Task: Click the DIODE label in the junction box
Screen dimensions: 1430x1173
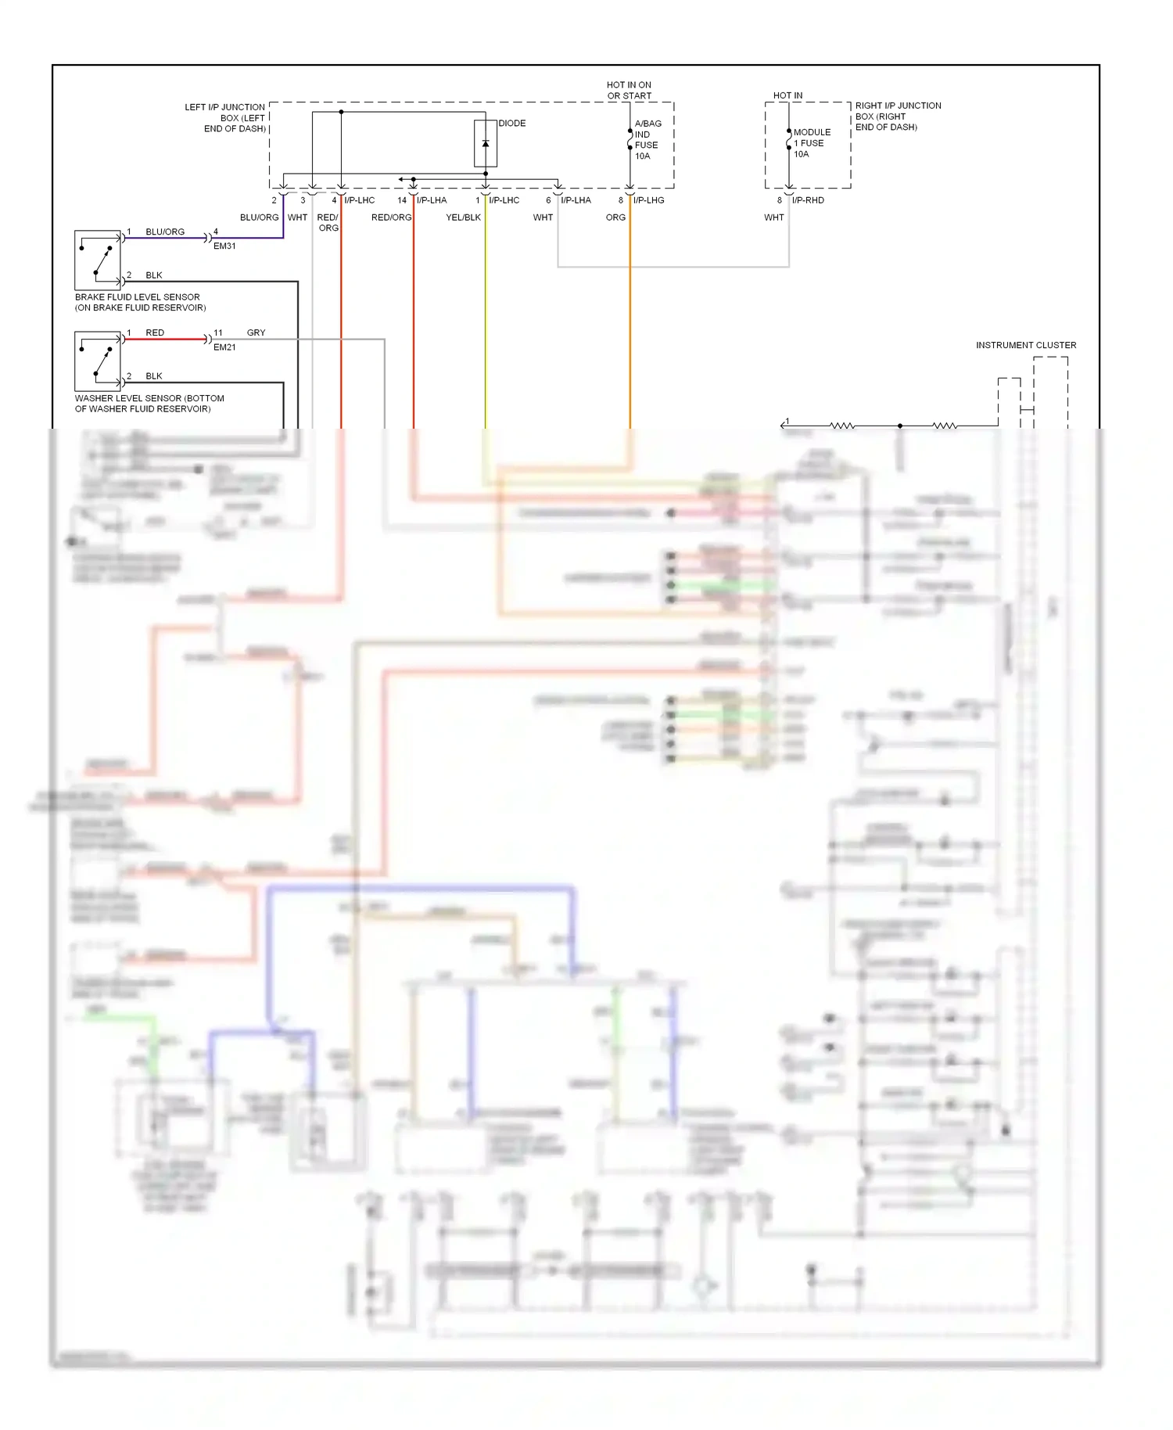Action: pos(512,124)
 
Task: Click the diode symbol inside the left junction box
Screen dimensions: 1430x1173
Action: pos(486,144)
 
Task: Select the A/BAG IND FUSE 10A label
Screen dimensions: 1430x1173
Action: pos(647,140)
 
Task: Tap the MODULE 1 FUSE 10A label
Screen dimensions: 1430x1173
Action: pos(811,143)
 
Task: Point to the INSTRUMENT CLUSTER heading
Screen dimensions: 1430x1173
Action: pos(1025,345)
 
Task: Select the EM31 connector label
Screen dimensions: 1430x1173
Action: pos(224,246)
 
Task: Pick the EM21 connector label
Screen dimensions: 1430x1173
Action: pos(224,347)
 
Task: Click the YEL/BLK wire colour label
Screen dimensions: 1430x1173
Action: pos(463,217)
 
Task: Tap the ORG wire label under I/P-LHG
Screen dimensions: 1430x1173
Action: pos(615,217)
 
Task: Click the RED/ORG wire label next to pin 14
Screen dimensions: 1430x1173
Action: pos(391,217)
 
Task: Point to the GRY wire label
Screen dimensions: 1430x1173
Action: pos(256,333)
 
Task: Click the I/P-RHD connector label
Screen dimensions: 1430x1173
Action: pos(808,200)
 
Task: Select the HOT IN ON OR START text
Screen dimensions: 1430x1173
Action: pos(629,91)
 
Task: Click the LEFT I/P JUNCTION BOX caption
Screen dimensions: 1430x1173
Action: pos(226,118)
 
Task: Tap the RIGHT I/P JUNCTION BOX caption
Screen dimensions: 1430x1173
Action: pos(898,117)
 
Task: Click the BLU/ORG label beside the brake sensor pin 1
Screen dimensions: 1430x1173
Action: pos(165,232)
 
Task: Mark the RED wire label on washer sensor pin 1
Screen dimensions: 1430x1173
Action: pos(155,333)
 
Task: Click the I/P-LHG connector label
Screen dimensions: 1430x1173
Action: pos(649,200)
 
